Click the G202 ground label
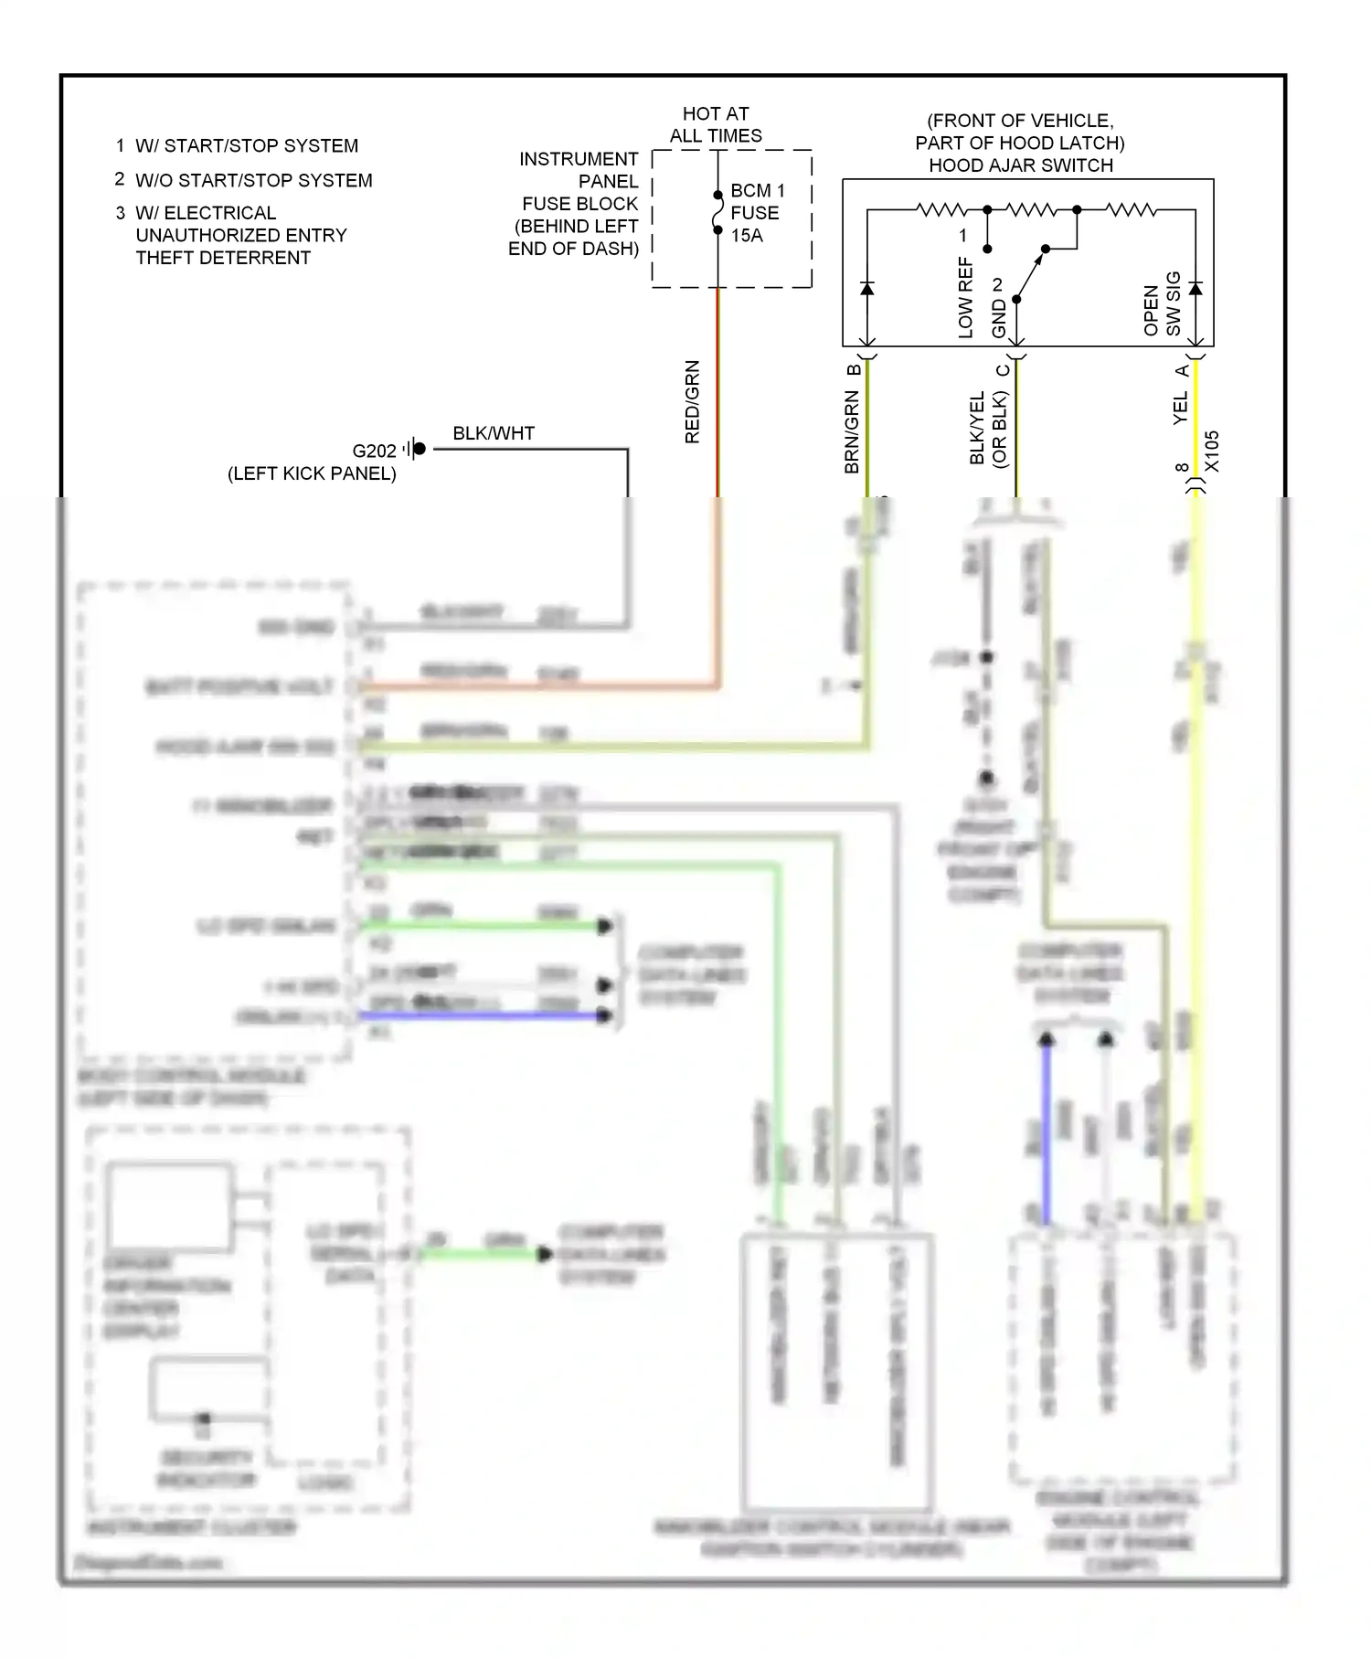(x=374, y=451)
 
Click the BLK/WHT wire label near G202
(x=494, y=433)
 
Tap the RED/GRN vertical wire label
(x=692, y=402)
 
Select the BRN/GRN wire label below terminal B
(x=852, y=431)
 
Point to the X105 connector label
(x=1212, y=452)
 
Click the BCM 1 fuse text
(x=757, y=191)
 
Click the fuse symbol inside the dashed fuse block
(x=717, y=212)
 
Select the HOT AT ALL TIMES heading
(x=716, y=125)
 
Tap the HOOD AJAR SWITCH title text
(x=1021, y=165)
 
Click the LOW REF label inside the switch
(x=966, y=298)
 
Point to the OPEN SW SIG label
(x=1163, y=304)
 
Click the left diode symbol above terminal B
(x=867, y=289)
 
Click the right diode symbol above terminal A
(x=1195, y=289)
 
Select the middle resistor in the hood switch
(x=1031, y=210)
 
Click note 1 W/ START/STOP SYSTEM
(x=238, y=146)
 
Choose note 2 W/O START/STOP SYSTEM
(x=244, y=181)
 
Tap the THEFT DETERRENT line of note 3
(x=223, y=258)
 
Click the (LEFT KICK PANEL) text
(x=312, y=473)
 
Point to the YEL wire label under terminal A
(x=1180, y=408)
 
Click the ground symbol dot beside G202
(x=419, y=449)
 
